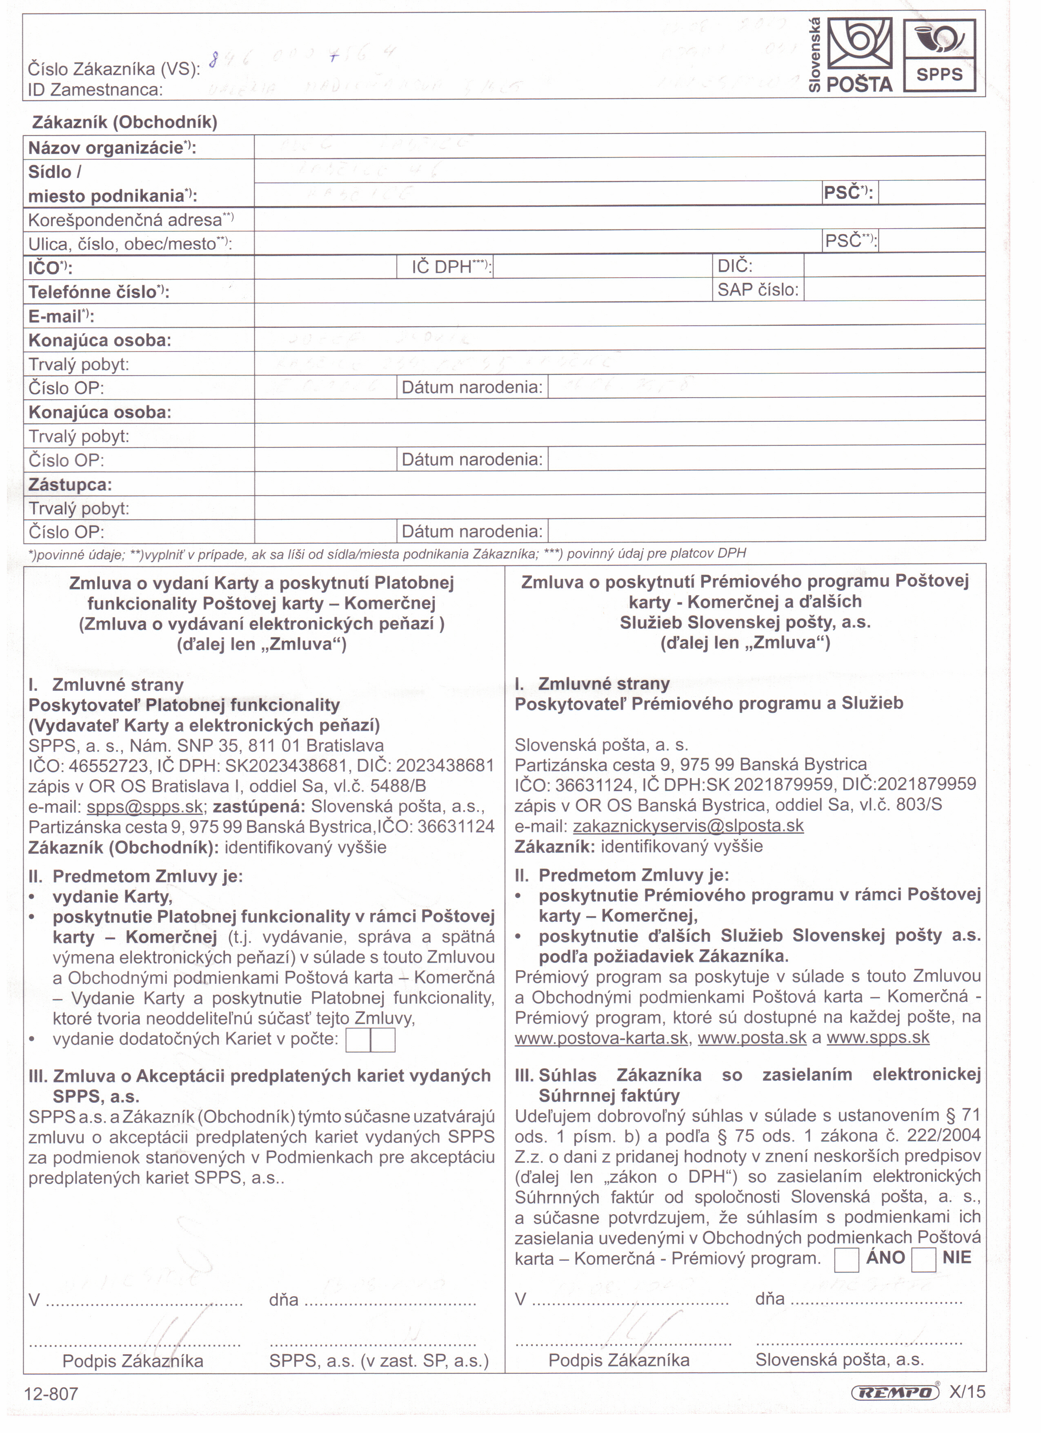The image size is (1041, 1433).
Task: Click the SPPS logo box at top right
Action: pyautogui.click(x=939, y=56)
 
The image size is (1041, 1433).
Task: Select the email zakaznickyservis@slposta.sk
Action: pyautogui.click(x=688, y=826)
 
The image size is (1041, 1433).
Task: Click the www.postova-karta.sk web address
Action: pyautogui.click(x=601, y=1037)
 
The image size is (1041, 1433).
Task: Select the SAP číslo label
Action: pyautogui.click(x=758, y=290)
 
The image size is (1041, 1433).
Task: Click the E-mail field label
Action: pyautogui.click(x=61, y=316)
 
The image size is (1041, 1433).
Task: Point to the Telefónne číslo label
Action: pyautogui.click(x=98, y=292)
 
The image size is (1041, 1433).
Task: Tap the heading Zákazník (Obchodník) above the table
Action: pyautogui.click(x=125, y=122)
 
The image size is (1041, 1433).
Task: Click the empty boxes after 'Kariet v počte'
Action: pyautogui.click(x=370, y=1040)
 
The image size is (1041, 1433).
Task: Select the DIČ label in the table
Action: pyautogui.click(x=735, y=266)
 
